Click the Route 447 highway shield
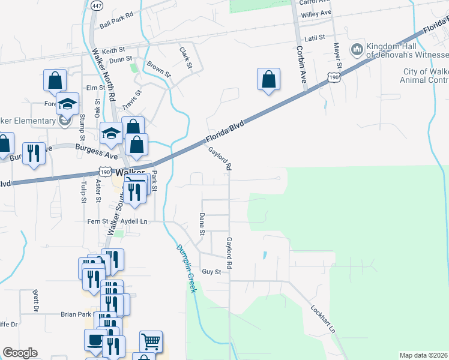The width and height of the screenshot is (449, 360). (x=96, y=5)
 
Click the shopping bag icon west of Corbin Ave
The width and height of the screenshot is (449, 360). (x=269, y=79)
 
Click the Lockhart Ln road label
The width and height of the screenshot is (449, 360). (x=322, y=320)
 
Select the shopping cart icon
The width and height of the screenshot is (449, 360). (x=151, y=341)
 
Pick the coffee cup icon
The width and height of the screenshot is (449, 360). (x=95, y=340)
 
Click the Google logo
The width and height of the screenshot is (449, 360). (x=20, y=353)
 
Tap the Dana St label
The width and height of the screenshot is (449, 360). (x=202, y=224)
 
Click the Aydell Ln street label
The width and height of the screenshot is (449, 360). (x=133, y=221)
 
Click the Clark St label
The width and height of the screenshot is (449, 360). (x=185, y=56)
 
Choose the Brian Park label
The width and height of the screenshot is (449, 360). (x=76, y=314)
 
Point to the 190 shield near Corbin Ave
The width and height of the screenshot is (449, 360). (x=334, y=77)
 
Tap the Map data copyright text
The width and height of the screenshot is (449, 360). (x=424, y=355)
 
